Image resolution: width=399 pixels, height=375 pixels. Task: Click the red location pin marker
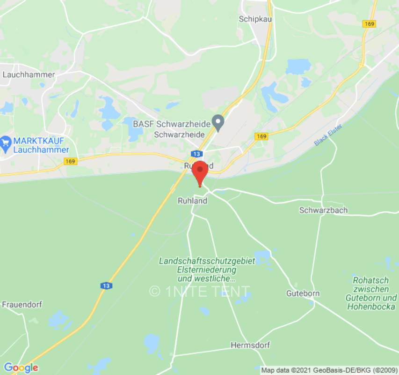[200, 172]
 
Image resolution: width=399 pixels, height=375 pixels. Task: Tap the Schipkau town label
[255, 19]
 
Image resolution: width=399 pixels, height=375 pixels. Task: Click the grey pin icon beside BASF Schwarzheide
[218, 123]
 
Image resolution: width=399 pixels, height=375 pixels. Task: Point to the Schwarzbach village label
[323, 210]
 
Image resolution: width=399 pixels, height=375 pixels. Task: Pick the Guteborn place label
[303, 293]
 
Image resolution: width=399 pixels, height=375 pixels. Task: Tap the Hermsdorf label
[250, 345]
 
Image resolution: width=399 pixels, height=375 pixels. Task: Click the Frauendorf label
[22, 304]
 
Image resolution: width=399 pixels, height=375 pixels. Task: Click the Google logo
[21, 367]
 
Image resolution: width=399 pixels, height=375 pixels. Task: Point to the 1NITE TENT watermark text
[200, 291]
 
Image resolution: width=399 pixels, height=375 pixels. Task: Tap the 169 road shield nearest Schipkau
[369, 23]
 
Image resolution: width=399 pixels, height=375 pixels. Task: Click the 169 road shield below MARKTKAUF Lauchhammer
[70, 161]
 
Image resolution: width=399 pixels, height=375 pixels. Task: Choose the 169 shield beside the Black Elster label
[261, 136]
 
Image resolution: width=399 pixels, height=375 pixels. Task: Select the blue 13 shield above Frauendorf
[106, 285]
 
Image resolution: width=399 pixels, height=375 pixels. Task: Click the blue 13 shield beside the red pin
[196, 154]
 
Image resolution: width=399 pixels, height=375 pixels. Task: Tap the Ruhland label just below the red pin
[192, 201]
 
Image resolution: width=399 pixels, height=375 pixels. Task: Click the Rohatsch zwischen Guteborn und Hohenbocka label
[371, 293]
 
